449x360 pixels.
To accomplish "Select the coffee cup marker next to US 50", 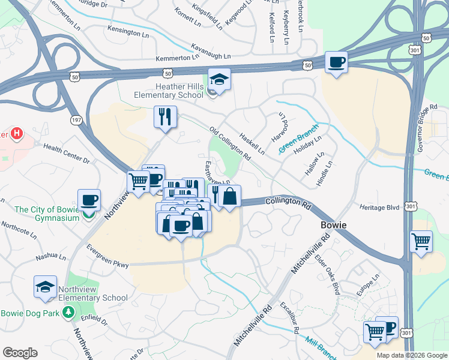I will [x=336, y=62].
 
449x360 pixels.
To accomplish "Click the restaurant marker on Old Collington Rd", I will [x=164, y=116].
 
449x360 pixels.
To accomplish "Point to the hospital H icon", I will [x=16, y=133].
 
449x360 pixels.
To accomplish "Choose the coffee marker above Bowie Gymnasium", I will [x=89, y=200].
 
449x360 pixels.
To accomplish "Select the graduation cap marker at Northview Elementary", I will [x=45, y=287].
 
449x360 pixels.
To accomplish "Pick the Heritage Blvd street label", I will [x=379, y=206].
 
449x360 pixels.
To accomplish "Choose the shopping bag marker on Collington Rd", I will [x=229, y=196].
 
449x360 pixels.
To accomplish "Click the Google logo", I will [x=20, y=353].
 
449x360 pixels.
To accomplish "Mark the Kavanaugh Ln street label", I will [x=211, y=51].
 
